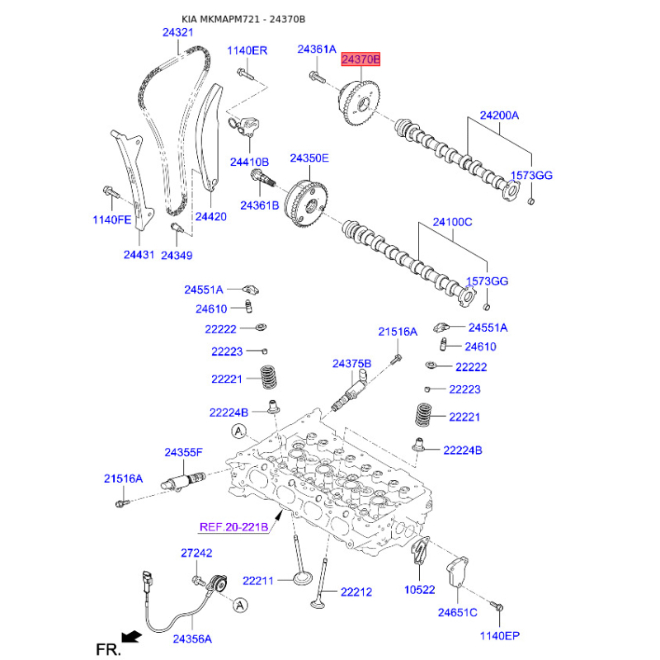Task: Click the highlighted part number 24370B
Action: click(x=361, y=59)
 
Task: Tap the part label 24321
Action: click(x=177, y=32)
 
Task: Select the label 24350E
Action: click(x=309, y=158)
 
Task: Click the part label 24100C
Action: click(x=453, y=222)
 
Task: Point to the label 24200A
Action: click(x=500, y=116)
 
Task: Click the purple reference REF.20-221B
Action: click(x=234, y=527)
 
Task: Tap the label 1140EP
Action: click(x=501, y=635)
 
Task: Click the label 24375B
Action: click(x=352, y=363)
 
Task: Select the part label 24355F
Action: click(x=183, y=452)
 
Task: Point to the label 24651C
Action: click(x=458, y=613)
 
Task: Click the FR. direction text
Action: click(x=108, y=650)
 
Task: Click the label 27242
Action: click(x=196, y=554)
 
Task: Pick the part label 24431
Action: click(x=139, y=255)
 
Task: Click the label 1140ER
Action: click(x=247, y=50)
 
